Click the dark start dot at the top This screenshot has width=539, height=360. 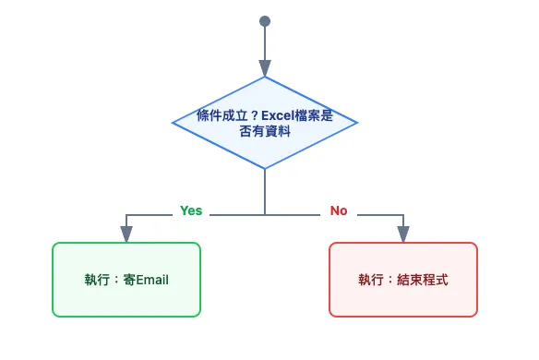(x=265, y=20)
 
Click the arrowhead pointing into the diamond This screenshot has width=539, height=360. (x=265, y=68)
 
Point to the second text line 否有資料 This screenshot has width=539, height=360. (x=265, y=131)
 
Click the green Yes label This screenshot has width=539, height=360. (x=191, y=210)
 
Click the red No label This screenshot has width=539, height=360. (x=339, y=210)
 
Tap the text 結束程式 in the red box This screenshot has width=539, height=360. (x=422, y=280)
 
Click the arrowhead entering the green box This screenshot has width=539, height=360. (x=126, y=234)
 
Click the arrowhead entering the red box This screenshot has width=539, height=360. (x=403, y=234)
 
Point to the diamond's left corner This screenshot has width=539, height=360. (x=174, y=122)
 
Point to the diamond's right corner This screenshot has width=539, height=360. (x=356, y=122)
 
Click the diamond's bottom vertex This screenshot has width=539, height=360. (x=265, y=168)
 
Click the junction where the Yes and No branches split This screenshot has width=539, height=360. (x=265, y=214)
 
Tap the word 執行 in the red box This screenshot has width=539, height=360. (x=370, y=280)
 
